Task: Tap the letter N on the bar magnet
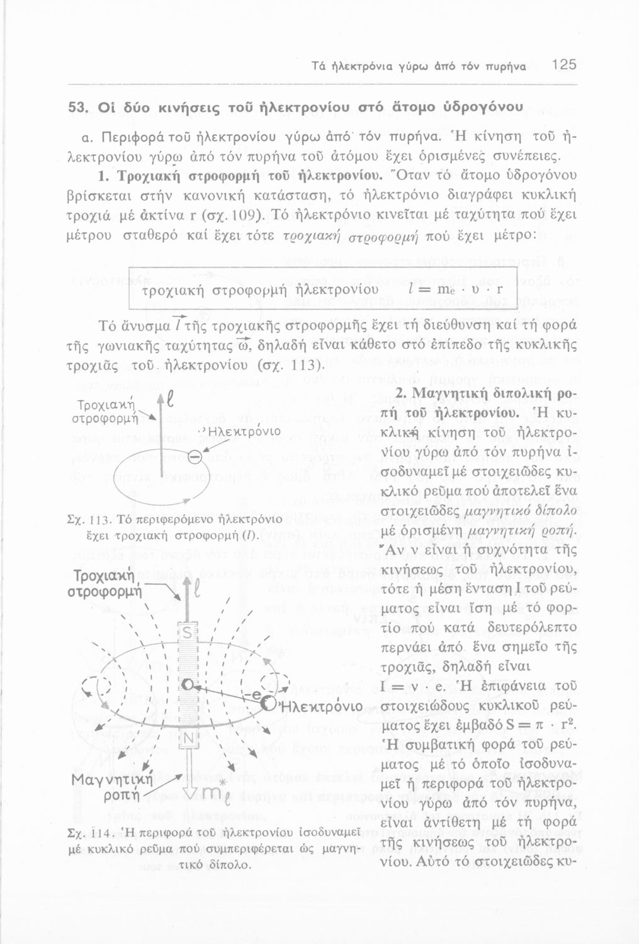point(188,737)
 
